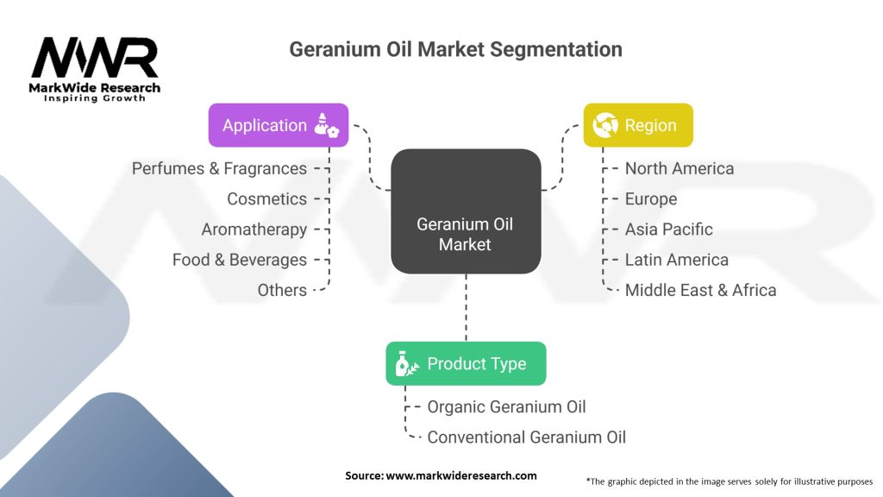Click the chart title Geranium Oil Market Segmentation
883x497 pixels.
tap(455, 49)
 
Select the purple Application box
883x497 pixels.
tap(279, 125)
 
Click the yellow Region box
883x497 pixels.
tap(638, 125)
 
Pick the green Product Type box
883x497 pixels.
tap(466, 363)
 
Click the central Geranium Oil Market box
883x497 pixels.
tap(466, 235)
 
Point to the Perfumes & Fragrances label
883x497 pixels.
tap(219, 168)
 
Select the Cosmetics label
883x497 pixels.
tap(266, 198)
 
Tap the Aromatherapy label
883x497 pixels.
tap(254, 230)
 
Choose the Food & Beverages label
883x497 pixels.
tap(239, 260)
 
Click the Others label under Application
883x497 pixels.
tap(282, 290)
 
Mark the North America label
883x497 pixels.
tap(679, 168)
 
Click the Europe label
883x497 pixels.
tap(651, 198)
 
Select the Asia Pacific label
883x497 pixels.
tap(669, 230)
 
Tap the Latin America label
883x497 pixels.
tap(677, 260)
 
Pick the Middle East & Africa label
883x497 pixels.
tap(700, 290)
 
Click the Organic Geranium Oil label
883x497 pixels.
tap(506, 406)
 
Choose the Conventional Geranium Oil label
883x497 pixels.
tap(526, 437)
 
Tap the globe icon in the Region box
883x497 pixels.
tap(604, 125)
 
